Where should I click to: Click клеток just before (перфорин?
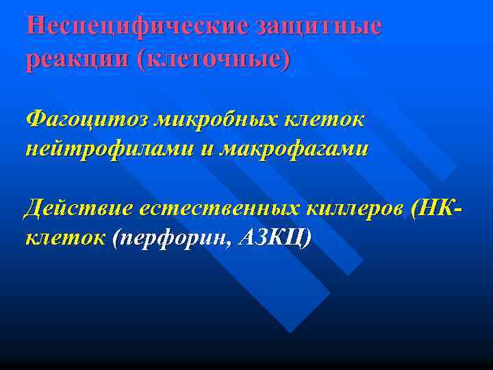tap(64, 238)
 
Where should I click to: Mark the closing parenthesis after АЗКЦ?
tap(306, 238)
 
